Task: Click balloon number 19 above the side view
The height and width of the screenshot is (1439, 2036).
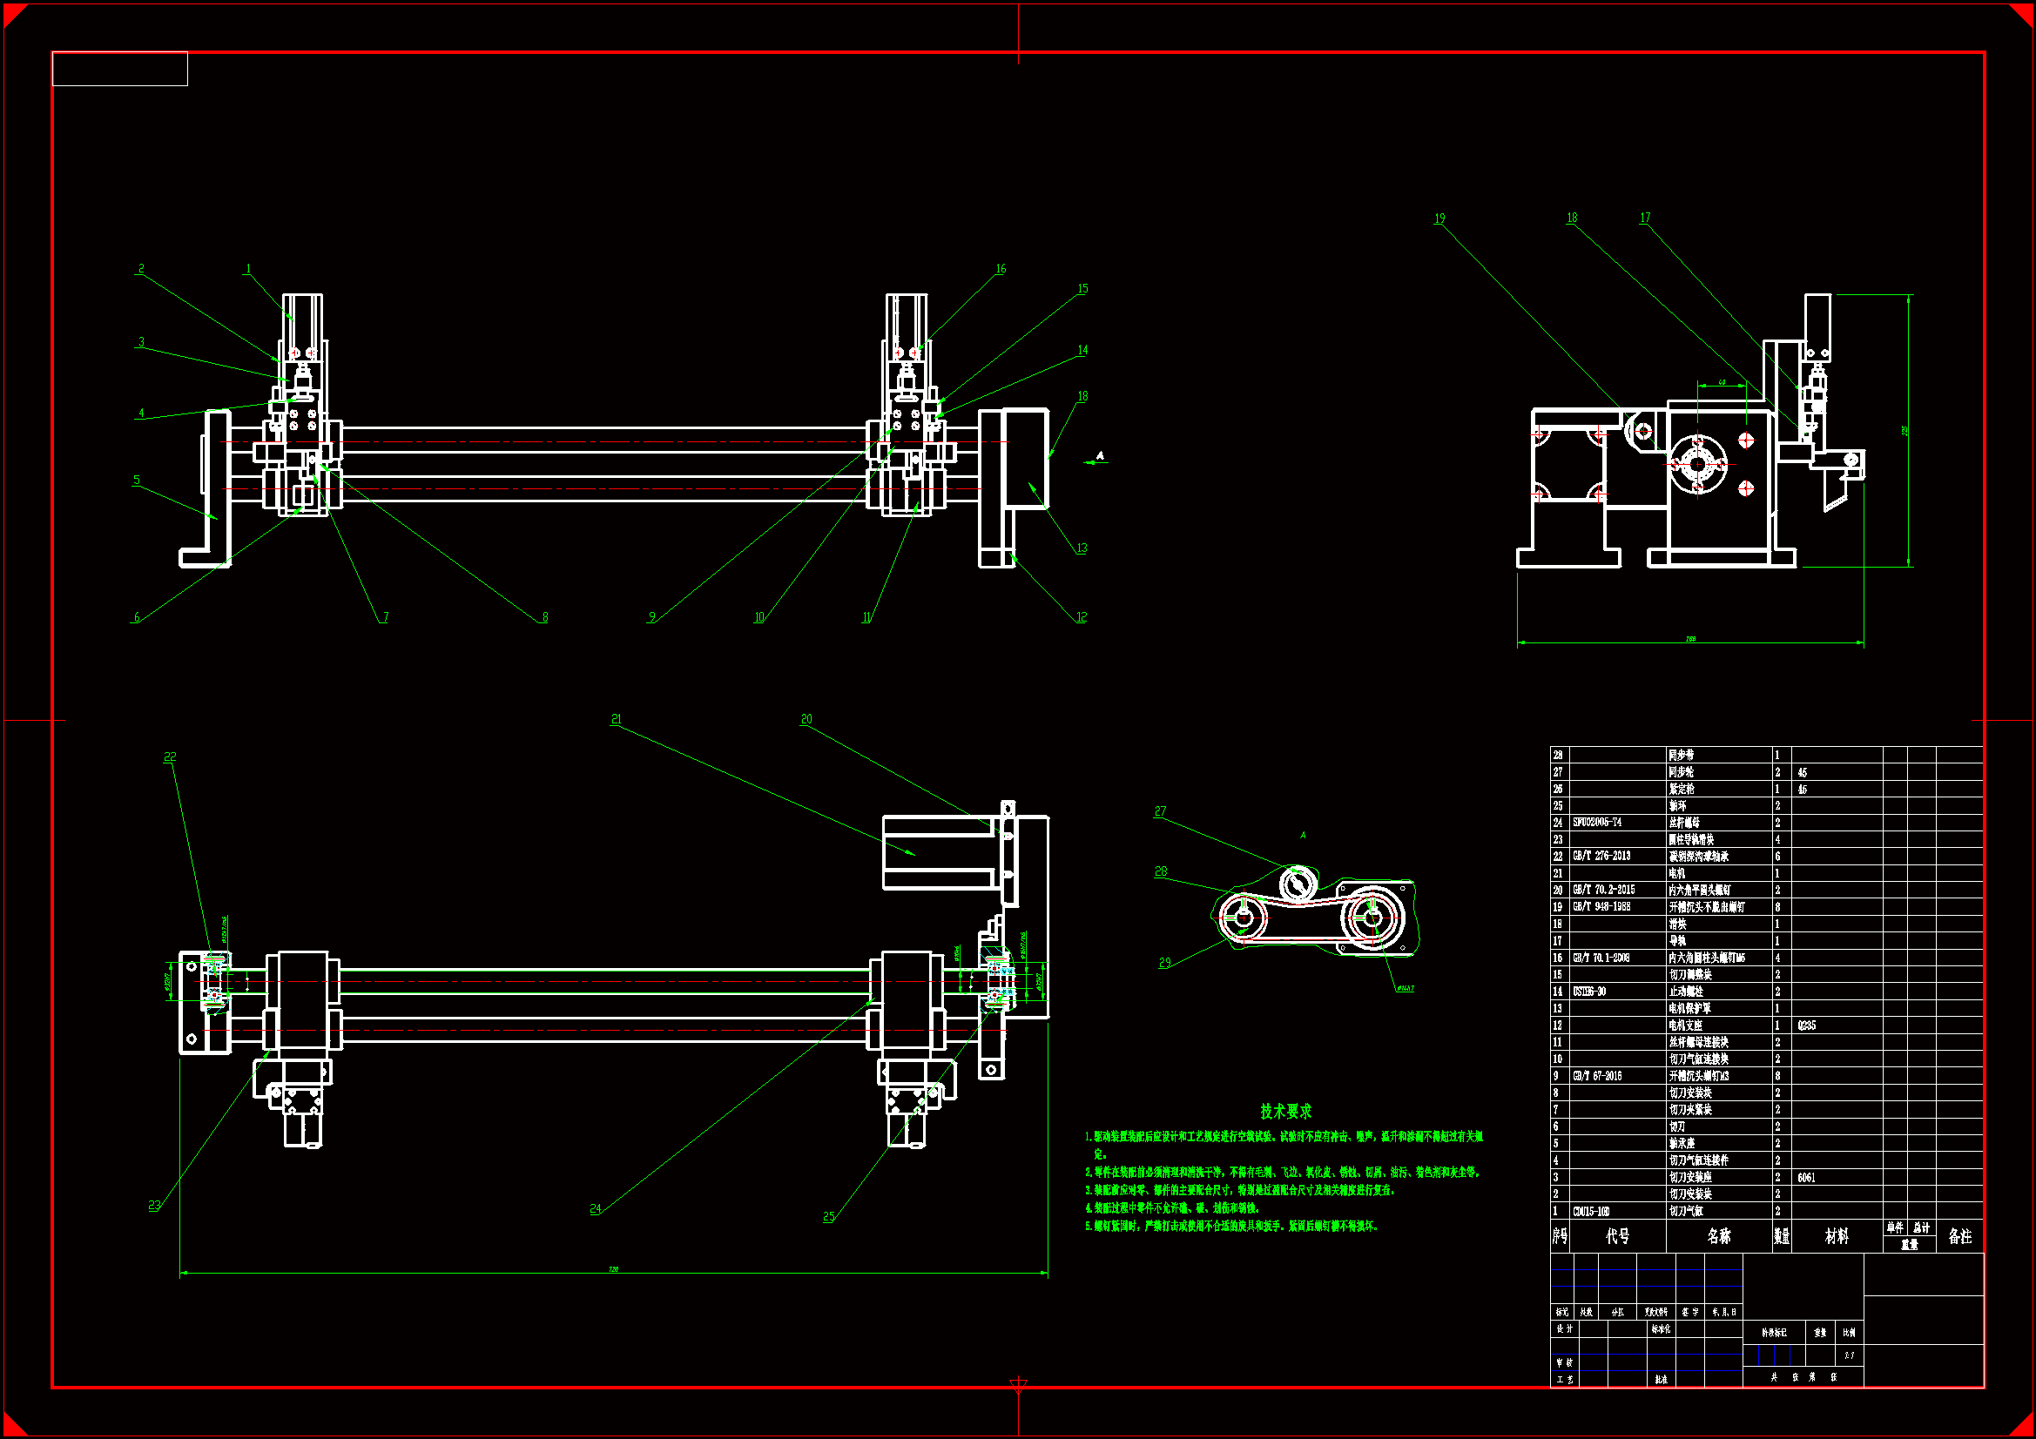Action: (x=1439, y=219)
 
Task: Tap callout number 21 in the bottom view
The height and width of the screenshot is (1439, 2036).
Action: (x=617, y=719)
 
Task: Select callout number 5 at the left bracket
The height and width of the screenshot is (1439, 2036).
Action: (x=137, y=480)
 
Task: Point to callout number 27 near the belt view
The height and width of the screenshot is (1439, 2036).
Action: (x=1160, y=811)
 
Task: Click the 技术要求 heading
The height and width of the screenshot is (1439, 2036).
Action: (x=1286, y=1111)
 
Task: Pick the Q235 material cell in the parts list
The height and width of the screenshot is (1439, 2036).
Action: (x=1806, y=1025)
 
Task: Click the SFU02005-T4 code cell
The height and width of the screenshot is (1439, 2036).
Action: (x=1597, y=822)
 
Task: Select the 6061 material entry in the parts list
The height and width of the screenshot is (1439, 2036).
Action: (x=1806, y=1178)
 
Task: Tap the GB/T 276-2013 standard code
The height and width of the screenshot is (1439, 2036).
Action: (x=1601, y=856)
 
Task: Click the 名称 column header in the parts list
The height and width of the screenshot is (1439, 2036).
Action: (x=1718, y=1236)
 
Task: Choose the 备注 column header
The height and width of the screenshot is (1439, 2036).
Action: (x=1959, y=1236)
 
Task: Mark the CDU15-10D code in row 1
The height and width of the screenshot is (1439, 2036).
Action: (x=1592, y=1211)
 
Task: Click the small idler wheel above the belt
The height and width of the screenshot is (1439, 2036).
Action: (x=1297, y=883)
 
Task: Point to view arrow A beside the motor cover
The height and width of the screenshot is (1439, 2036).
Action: (x=1100, y=457)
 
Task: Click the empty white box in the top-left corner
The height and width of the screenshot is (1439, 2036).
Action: (x=119, y=69)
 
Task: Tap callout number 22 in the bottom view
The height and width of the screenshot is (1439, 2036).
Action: (x=171, y=756)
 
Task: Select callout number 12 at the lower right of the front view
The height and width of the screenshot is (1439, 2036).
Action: (x=1081, y=617)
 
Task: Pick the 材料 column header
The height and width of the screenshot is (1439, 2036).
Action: (x=1837, y=1236)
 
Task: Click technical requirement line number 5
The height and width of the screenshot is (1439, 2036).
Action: (x=1232, y=1227)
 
